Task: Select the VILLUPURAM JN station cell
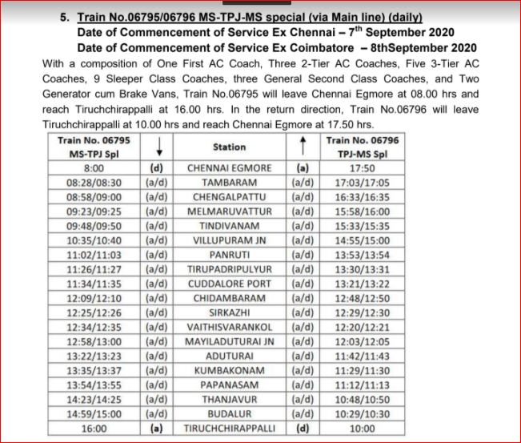coord(229,239)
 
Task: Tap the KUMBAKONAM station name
coord(229,370)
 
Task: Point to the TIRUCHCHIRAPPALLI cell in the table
coord(229,428)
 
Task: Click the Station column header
coord(229,147)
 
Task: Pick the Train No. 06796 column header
coord(368,147)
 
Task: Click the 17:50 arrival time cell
coord(368,168)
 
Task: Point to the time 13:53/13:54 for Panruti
coord(368,254)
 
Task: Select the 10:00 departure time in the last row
coord(368,428)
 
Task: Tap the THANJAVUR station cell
coord(229,399)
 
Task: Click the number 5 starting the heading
coord(65,16)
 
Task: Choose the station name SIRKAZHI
coord(229,312)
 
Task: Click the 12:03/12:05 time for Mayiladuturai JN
coord(368,340)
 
